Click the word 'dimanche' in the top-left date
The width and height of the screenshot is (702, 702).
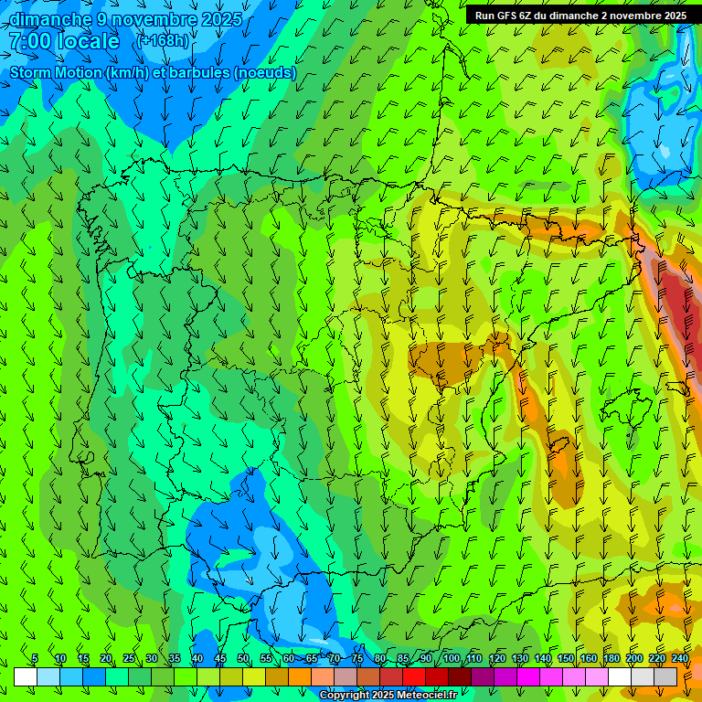[51, 19]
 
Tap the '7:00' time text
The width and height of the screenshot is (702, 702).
[28, 41]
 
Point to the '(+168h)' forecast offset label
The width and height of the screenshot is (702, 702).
[162, 41]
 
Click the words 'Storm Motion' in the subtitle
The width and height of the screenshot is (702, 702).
[56, 72]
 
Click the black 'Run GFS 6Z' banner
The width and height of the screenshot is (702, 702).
[580, 15]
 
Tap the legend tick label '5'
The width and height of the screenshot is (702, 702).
[35, 659]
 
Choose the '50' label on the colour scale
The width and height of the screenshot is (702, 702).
[243, 659]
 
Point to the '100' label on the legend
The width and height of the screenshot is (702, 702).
[452, 659]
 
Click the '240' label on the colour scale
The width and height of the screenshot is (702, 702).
[680, 659]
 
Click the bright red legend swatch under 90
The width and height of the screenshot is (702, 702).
[414, 676]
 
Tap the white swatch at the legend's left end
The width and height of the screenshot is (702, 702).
[26, 676]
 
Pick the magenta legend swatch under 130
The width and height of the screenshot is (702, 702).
[528, 676]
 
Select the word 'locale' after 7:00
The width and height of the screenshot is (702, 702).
[88, 41]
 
